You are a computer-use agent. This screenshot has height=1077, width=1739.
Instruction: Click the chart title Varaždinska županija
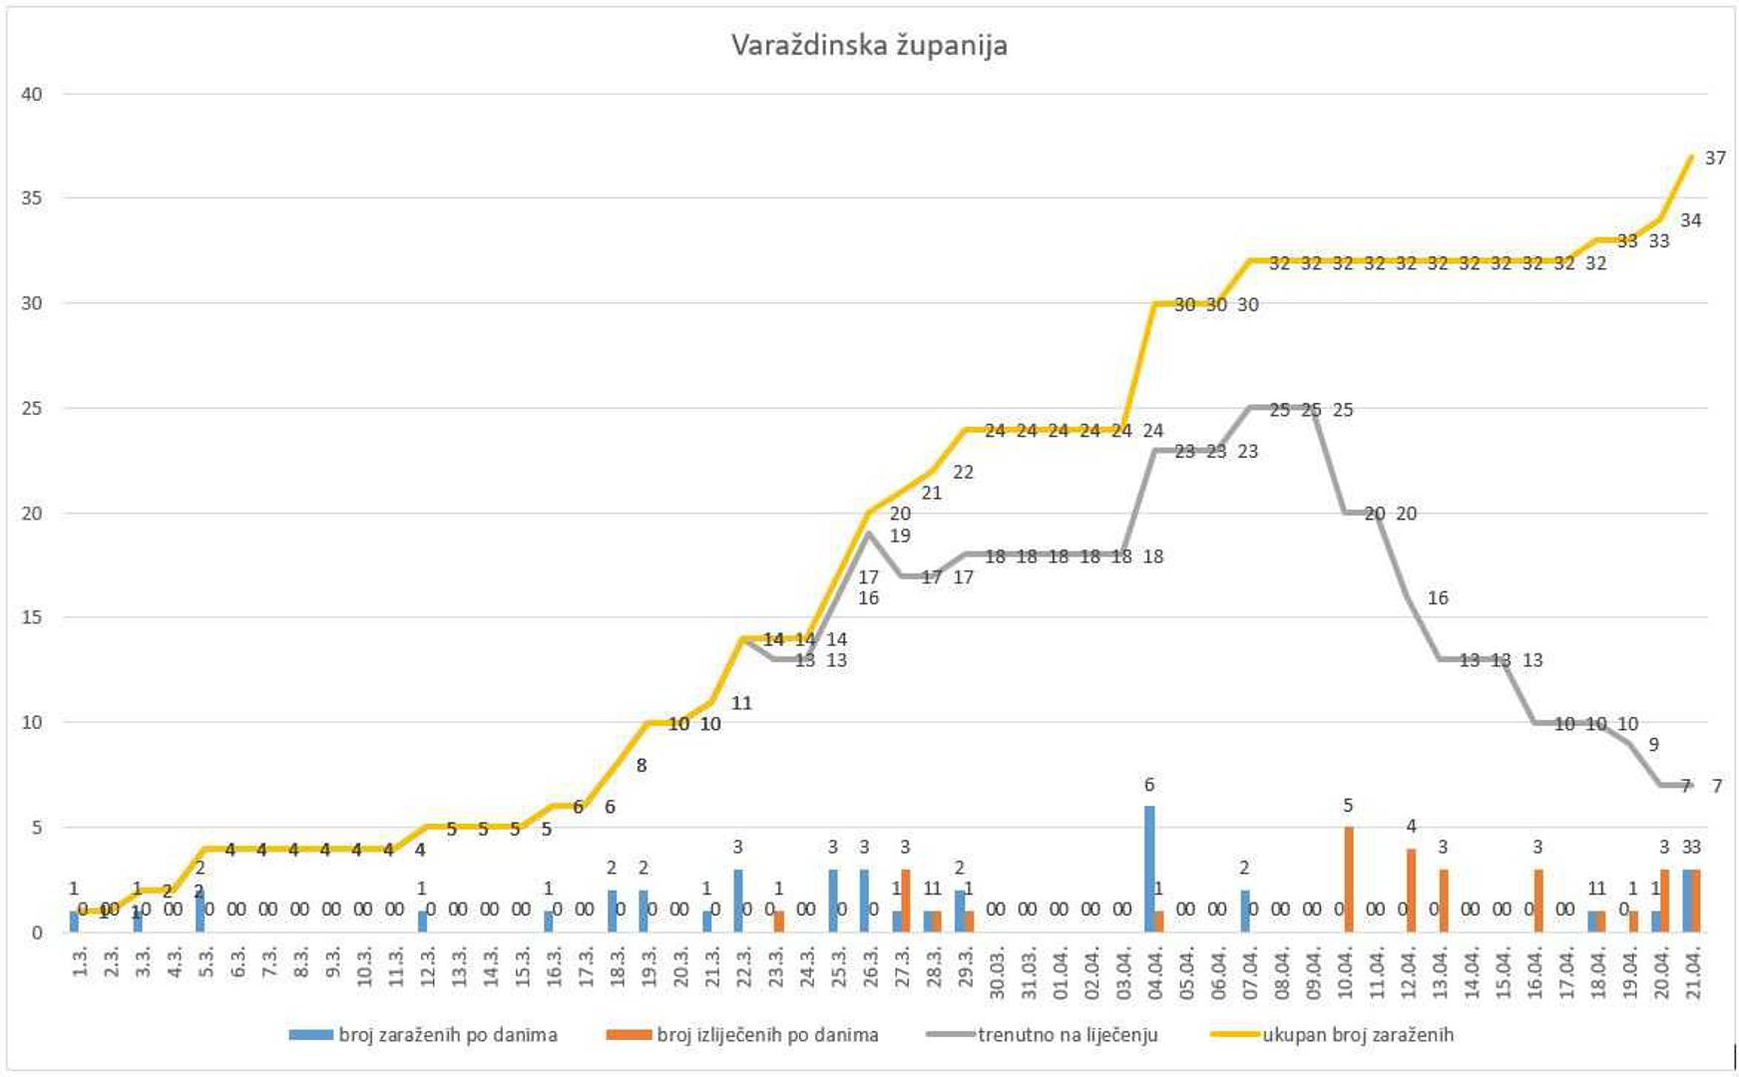[x=869, y=46]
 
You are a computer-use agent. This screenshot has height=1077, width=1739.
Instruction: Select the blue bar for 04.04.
[x=1149, y=869]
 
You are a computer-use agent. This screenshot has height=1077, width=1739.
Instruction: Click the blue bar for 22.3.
[x=737, y=900]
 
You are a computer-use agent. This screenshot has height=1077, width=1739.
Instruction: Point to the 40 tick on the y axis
[x=32, y=95]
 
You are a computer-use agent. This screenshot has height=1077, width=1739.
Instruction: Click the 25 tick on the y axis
[x=32, y=409]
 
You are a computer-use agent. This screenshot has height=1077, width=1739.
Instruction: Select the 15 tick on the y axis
[x=32, y=618]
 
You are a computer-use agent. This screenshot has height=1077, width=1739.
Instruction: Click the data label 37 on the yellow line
[x=1715, y=159]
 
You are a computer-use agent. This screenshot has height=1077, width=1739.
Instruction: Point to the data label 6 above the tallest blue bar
[x=1149, y=786]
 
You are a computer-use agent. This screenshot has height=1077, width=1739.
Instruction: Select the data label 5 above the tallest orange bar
[x=1348, y=806]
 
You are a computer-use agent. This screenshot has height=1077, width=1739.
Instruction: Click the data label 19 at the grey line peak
[x=900, y=537]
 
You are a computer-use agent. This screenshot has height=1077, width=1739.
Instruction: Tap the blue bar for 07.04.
[x=1244, y=910]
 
